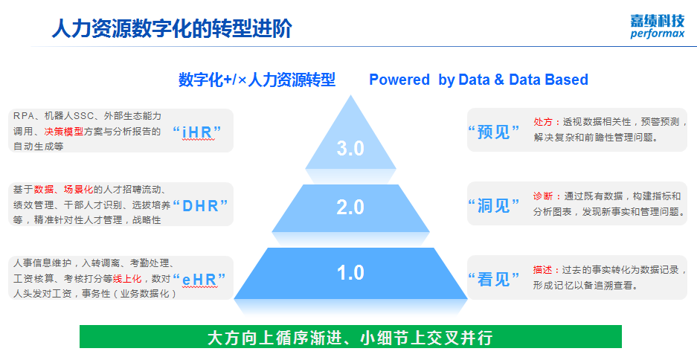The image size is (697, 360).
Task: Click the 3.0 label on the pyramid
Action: click(350, 148)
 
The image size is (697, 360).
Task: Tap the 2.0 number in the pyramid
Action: click(350, 207)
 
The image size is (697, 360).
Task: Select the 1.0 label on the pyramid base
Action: click(350, 272)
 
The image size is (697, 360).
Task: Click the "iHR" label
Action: click(197, 132)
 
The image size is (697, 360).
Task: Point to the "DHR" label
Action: click(200, 205)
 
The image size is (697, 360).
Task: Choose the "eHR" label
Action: click(199, 279)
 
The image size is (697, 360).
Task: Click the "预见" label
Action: click(493, 132)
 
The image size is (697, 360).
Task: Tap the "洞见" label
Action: click(493, 205)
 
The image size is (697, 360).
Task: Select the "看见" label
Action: click(493, 279)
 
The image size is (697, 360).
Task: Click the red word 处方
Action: click(543, 122)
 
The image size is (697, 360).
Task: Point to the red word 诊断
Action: click(543, 196)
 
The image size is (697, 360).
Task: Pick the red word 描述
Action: click(543, 270)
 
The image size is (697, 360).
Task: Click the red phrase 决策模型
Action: click(63, 132)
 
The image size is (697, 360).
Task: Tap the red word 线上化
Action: click(127, 279)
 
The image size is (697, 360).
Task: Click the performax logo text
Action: click(658, 33)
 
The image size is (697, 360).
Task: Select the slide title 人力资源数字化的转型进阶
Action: click(172, 29)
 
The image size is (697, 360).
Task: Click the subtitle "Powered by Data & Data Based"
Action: click(479, 80)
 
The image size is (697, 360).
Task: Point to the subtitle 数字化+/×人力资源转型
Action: click(257, 80)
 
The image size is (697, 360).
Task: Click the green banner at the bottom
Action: click(350, 336)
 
